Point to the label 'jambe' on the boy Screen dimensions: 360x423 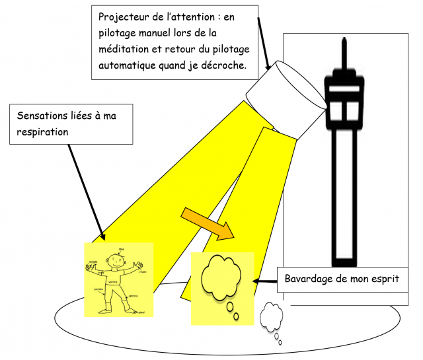click(98, 289)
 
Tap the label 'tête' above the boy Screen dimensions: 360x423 click(121, 250)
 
